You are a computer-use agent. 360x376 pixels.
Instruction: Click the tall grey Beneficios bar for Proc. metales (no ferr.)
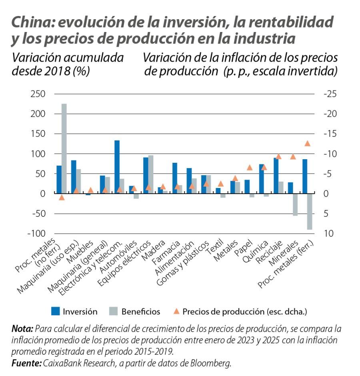[x=64, y=148]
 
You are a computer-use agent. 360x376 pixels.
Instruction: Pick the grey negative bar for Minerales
[x=295, y=204]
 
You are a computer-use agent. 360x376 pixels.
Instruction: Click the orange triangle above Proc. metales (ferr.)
[x=307, y=144]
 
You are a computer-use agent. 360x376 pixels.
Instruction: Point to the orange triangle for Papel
[x=250, y=168]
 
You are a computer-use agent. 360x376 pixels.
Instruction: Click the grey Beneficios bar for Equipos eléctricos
[x=151, y=174]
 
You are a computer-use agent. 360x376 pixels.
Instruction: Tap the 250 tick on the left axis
[x=36, y=94]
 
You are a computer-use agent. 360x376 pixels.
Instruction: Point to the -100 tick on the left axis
[x=35, y=233]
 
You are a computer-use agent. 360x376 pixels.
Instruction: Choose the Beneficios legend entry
[x=140, y=311]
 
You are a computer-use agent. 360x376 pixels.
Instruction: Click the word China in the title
[x=32, y=23]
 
